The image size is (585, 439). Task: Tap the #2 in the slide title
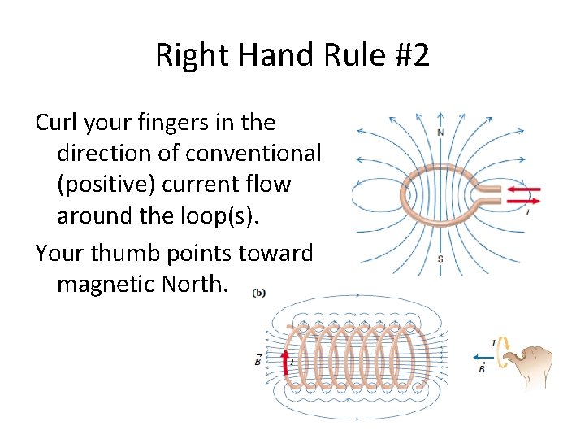click(x=407, y=56)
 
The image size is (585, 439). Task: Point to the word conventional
click(x=253, y=153)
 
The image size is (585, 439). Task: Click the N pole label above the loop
click(x=440, y=133)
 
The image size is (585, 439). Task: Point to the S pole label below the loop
click(x=440, y=259)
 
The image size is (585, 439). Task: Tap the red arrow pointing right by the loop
click(x=523, y=199)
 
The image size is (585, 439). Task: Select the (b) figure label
click(x=258, y=292)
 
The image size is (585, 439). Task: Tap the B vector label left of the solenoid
click(x=258, y=361)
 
